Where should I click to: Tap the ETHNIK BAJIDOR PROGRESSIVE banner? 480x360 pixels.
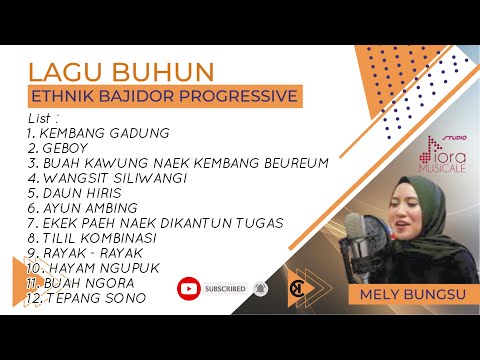(165, 97)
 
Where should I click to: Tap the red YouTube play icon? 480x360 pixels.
(188, 289)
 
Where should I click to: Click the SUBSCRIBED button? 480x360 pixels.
(225, 289)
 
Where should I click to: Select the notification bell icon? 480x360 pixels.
(260, 289)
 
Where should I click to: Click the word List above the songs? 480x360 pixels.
(41, 118)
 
